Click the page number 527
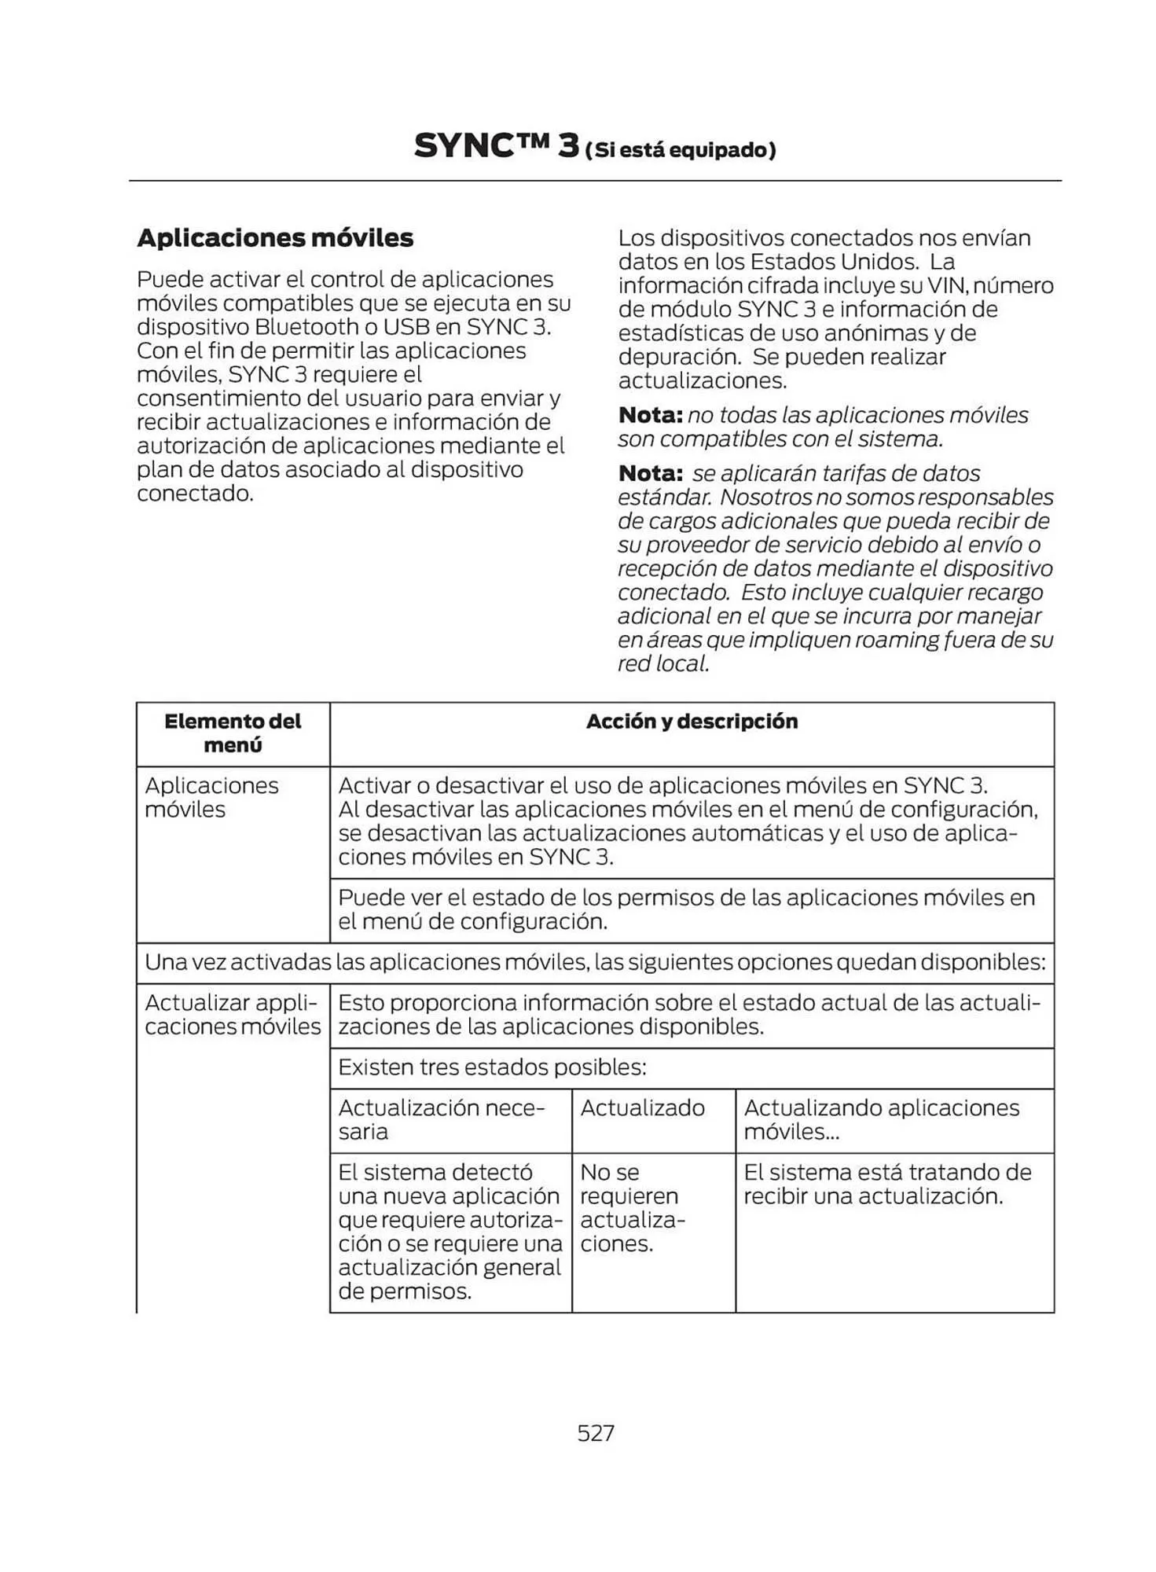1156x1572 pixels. coord(595,1432)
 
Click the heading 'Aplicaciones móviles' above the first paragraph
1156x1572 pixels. coord(275,237)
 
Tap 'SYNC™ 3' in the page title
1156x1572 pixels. coord(496,146)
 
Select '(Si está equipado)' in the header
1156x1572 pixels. coord(681,150)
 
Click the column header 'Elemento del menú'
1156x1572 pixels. coord(233,733)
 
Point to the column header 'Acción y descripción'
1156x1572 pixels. coord(692,722)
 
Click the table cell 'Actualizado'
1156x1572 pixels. coord(642,1107)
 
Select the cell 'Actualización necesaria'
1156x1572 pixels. coord(441,1119)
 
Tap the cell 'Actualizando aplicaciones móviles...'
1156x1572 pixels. coord(881,1119)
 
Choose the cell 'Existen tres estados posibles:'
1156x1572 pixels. coord(492,1067)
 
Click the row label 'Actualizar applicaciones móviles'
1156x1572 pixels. coord(233,1014)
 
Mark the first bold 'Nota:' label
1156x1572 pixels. coord(650,415)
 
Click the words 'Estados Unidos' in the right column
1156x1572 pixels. coord(834,262)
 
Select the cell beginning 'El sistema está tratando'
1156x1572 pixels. coord(886,1184)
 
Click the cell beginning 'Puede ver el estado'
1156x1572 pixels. coord(686,909)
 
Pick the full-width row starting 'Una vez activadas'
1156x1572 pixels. coord(595,962)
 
